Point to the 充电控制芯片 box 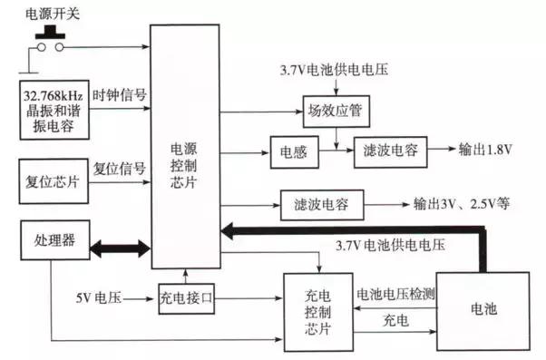point(317,311)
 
